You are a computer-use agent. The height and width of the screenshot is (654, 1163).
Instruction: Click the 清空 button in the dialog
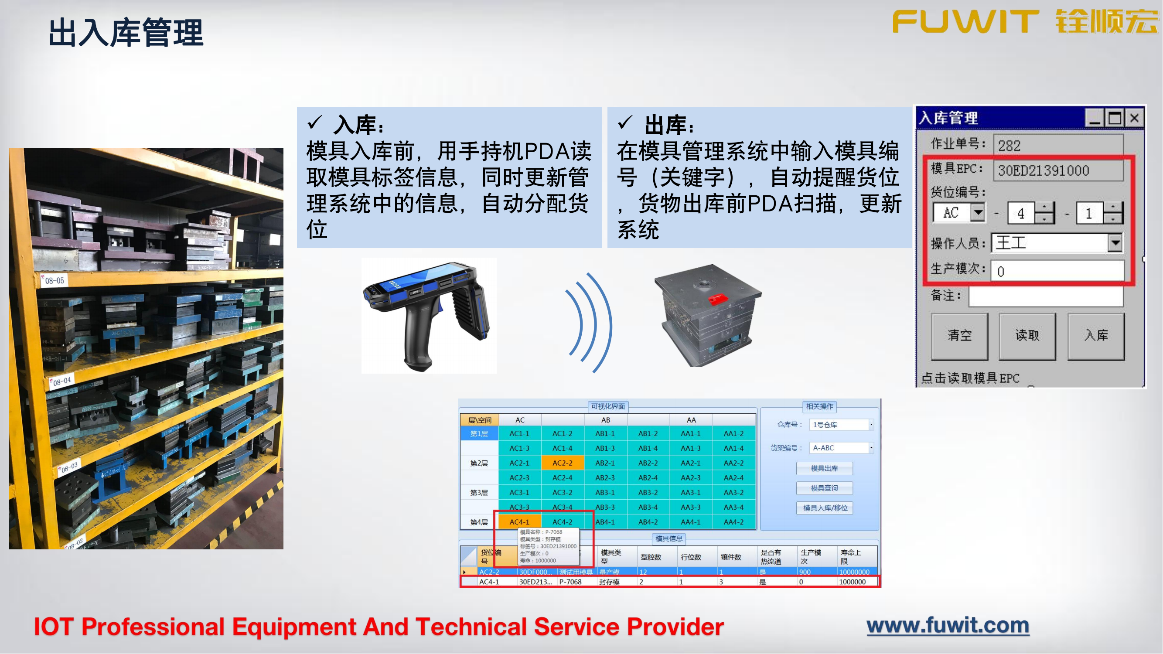pyautogui.click(x=959, y=335)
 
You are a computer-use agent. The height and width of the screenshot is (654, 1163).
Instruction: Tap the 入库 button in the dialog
pyautogui.click(x=1096, y=335)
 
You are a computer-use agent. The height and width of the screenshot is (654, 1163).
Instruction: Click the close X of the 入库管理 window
pyautogui.click(x=1134, y=118)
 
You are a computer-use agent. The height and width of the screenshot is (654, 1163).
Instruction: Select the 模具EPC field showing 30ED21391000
pyautogui.click(x=1058, y=170)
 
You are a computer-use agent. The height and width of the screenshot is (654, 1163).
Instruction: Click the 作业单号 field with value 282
pyautogui.click(x=1058, y=145)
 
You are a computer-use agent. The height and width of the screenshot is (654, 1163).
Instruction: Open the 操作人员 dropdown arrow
pyautogui.click(x=1115, y=243)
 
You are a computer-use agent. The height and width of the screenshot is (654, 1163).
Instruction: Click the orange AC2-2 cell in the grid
pyautogui.click(x=562, y=463)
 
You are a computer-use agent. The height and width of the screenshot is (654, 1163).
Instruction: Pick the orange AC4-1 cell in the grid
pyautogui.click(x=519, y=522)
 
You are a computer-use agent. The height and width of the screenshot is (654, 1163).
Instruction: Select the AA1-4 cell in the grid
pyautogui.click(x=733, y=448)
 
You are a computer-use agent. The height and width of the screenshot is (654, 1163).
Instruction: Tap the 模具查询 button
pyautogui.click(x=824, y=488)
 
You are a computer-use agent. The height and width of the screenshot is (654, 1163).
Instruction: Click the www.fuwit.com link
pyautogui.click(x=948, y=626)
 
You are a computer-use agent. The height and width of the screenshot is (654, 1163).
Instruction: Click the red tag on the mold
pyautogui.click(x=717, y=298)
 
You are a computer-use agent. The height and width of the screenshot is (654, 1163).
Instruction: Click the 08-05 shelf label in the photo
pyautogui.click(x=55, y=281)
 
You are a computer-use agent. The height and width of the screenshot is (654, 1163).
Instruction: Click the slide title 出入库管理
pyautogui.click(x=126, y=33)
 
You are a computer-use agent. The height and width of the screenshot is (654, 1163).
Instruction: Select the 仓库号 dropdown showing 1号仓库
pyautogui.click(x=841, y=425)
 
